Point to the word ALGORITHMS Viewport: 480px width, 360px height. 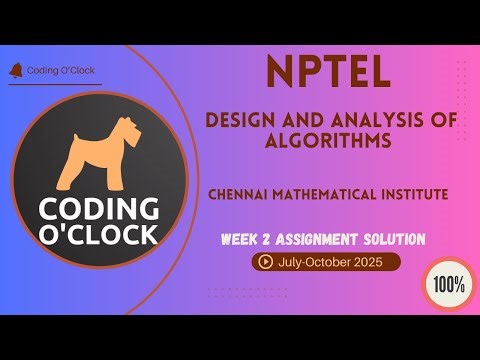point(331,140)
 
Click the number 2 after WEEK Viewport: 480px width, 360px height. point(272,240)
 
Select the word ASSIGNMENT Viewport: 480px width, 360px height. point(321,240)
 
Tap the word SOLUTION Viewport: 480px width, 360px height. point(396,240)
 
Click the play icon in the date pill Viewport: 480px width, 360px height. point(266,263)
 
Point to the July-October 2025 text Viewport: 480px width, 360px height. point(332,263)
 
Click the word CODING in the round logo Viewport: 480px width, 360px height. point(98,210)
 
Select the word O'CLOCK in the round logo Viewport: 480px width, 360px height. point(98,235)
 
